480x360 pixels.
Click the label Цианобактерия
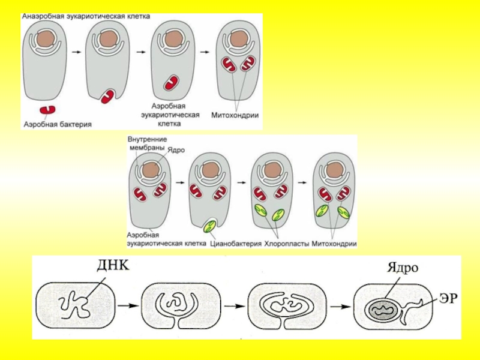[x=236, y=244]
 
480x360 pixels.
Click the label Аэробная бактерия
[x=58, y=125]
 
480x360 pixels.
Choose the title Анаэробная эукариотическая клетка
[x=86, y=16]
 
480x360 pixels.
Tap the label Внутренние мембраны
[x=146, y=143]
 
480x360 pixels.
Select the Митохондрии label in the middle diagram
[x=334, y=244]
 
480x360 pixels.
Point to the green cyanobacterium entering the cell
[x=210, y=227]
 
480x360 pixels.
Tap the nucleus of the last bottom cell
[x=382, y=310]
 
